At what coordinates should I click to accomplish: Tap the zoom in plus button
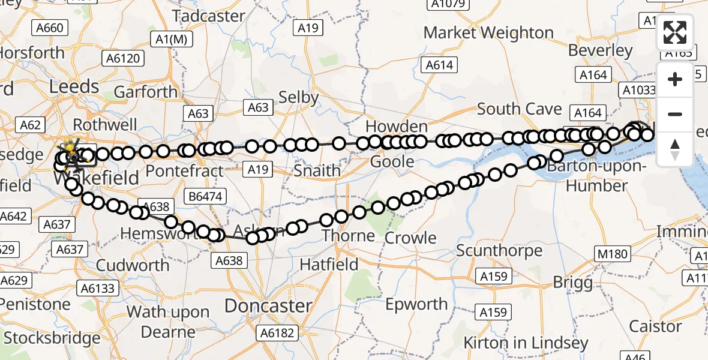pyautogui.click(x=675, y=80)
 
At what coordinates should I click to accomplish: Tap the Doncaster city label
pyautogui.click(x=268, y=305)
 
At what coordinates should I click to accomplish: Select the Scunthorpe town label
pyautogui.click(x=499, y=250)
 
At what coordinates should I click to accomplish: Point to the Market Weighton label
pyautogui.click(x=488, y=32)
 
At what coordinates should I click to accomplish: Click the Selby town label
pyautogui.click(x=298, y=97)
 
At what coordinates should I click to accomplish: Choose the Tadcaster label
pyautogui.click(x=209, y=16)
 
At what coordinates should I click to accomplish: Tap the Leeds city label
pyautogui.click(x=74, y=86)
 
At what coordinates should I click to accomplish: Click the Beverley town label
pyautogui.click(x=600, y=50)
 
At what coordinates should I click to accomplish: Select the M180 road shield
pyautogui.click(x=612, y=254)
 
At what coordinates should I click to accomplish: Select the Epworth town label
pyautogui.click(x=416, y=304)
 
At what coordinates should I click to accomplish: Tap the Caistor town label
pyautogui.click(x=655, y=326)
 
